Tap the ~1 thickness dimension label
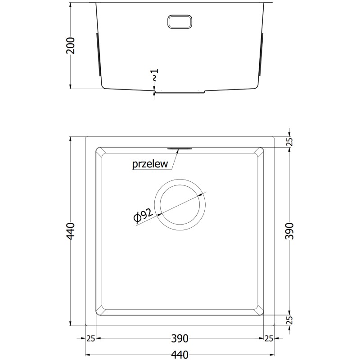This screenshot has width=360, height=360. click(155, 75)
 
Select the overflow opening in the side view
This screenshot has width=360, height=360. click(180, 22)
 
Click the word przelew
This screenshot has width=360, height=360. click(150, 164)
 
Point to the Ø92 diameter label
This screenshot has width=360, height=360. click(143, 216)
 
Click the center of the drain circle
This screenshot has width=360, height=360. click(180, 205)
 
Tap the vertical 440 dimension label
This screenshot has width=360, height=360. click(71, 231)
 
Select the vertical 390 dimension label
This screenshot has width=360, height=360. click(289, 231)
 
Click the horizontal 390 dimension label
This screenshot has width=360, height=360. click(180, 338)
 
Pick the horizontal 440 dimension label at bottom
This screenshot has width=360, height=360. click(180, 355)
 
